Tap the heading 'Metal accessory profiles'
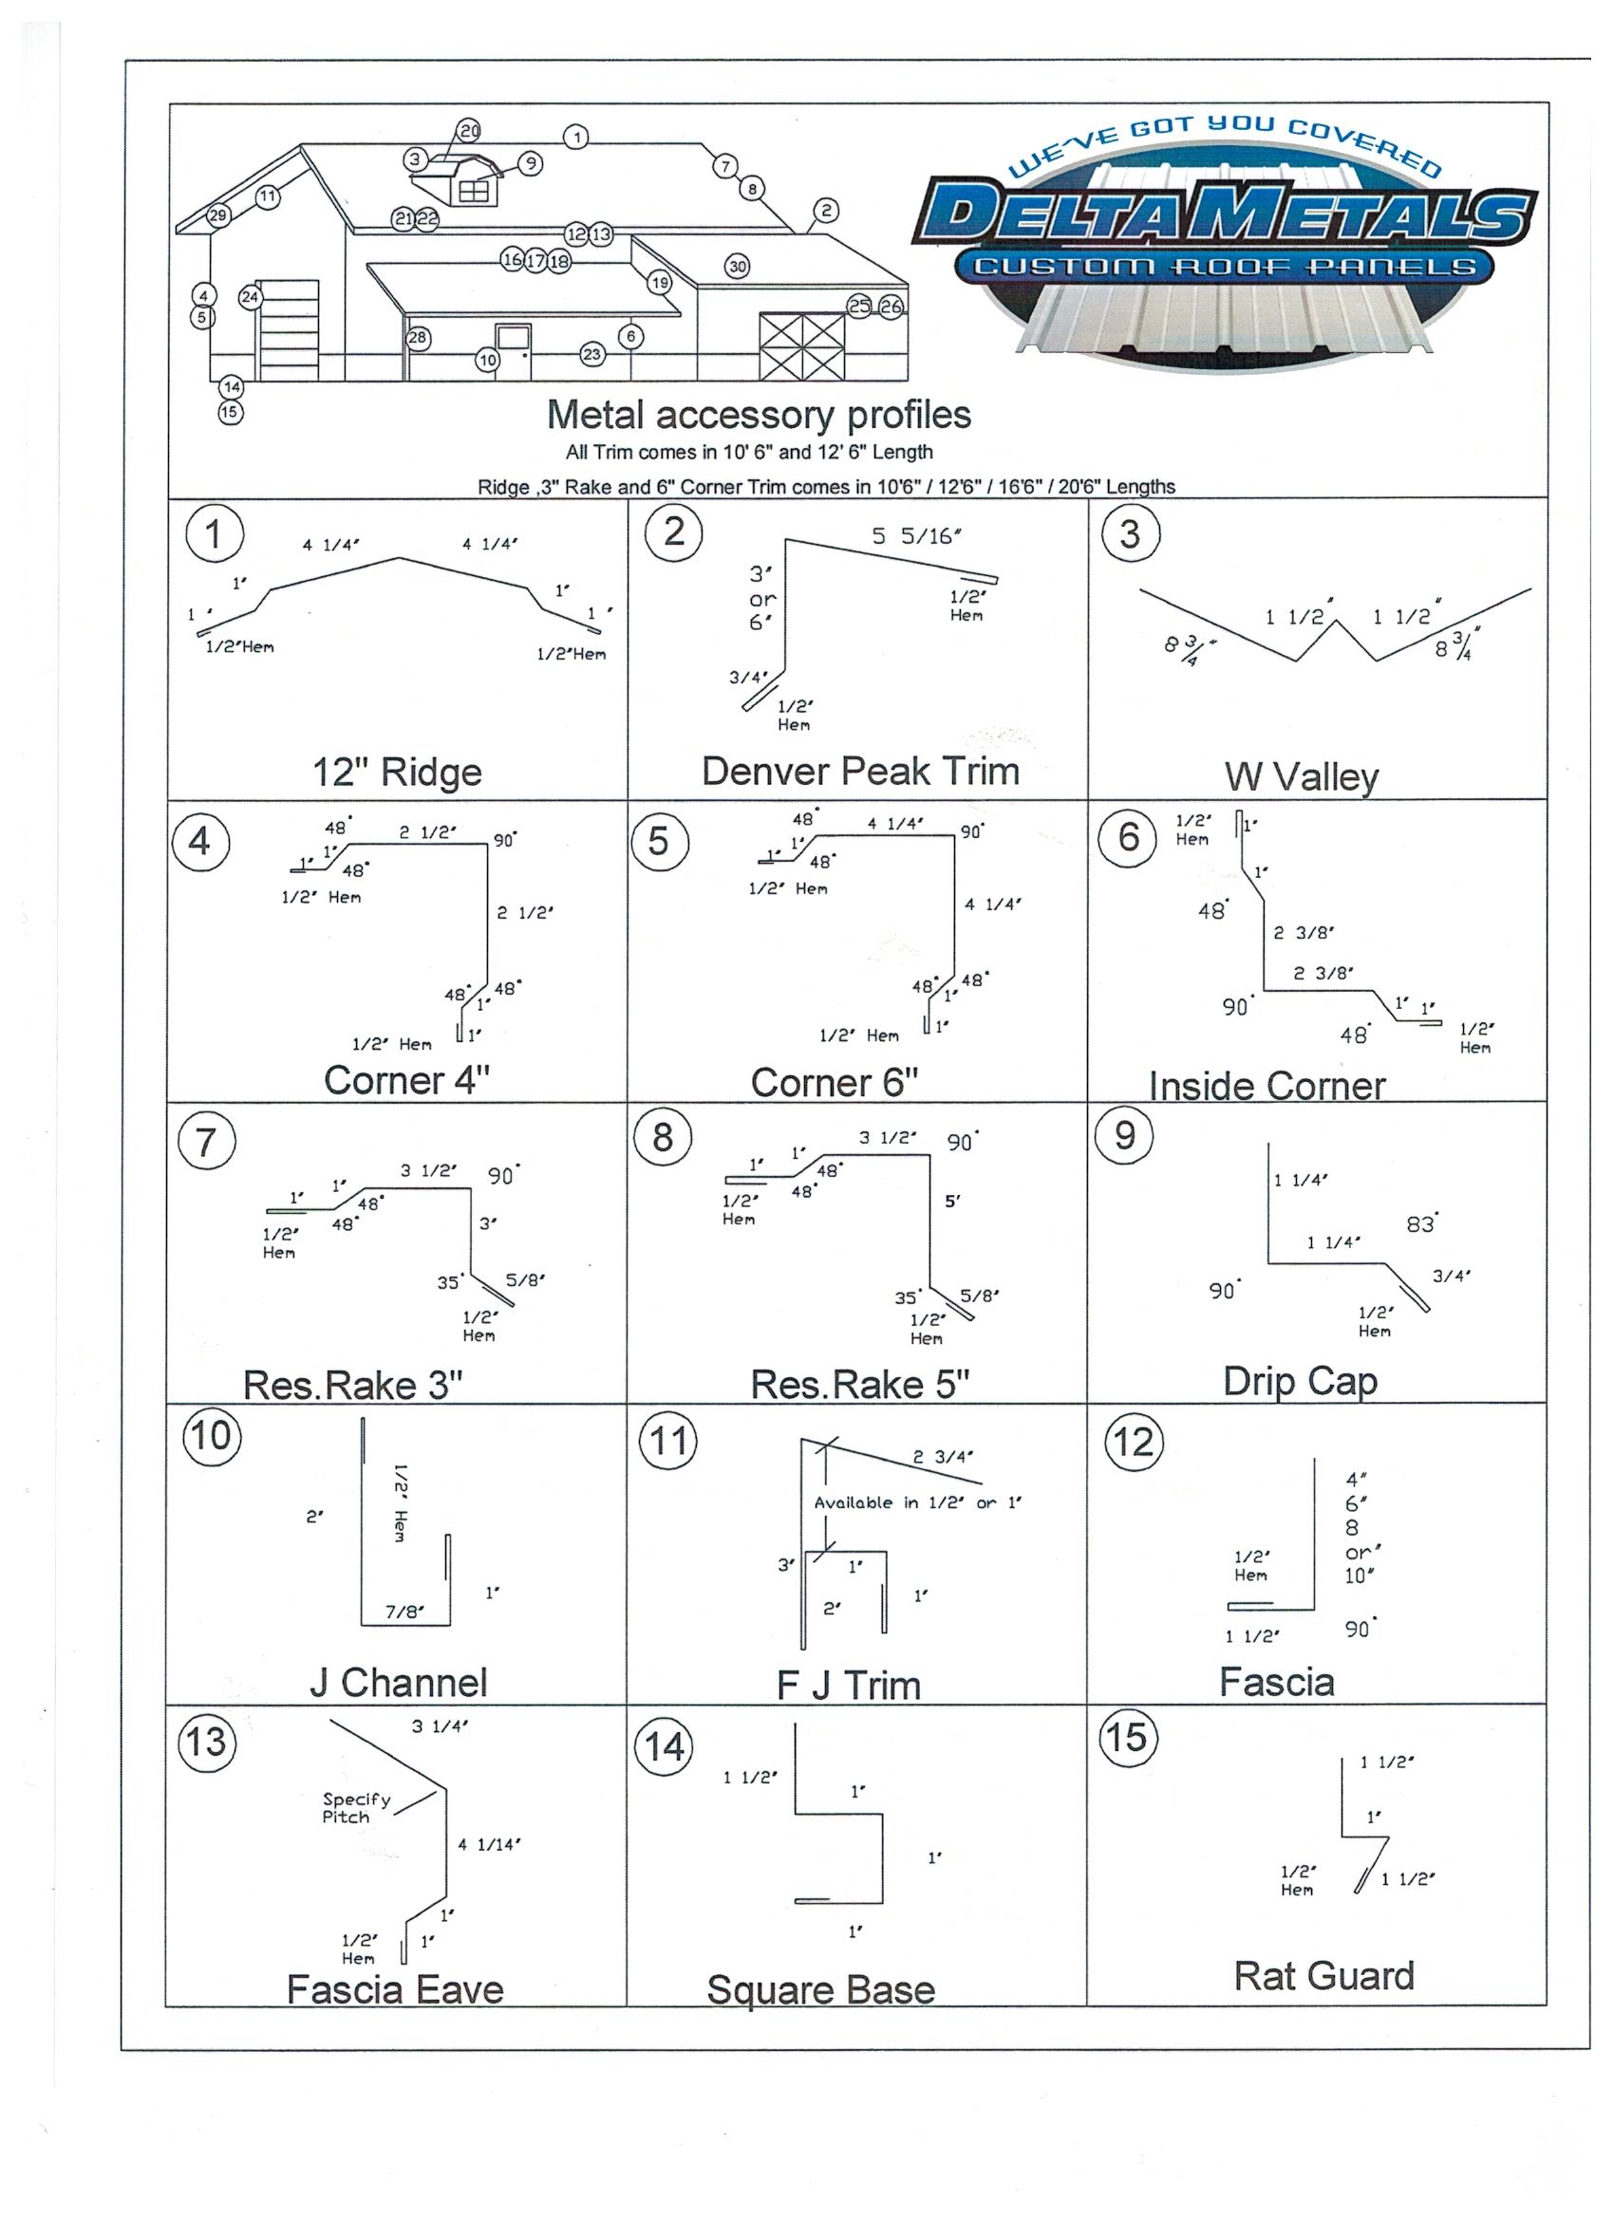click(759, 415)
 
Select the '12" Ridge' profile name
click(397, 772)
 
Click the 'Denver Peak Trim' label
click(860, 771)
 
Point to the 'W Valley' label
click(1301, 777)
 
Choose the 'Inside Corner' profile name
click(1267, 1085)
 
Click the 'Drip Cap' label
click(1300, 1381)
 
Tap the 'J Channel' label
click(398, 1682)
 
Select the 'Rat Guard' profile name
click(1323, 1975)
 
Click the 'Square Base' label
click(820, 1989)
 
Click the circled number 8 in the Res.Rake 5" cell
click(663, 1137)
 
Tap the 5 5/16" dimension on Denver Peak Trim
click(916, 536)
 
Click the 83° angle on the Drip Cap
click(1420, 1224)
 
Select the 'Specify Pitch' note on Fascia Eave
click(356, 1807)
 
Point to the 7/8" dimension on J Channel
click(404, 1612)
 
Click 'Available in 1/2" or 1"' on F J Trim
click(917, 1502)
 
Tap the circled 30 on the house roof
click(737, 266)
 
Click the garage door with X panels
click(801, 346)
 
